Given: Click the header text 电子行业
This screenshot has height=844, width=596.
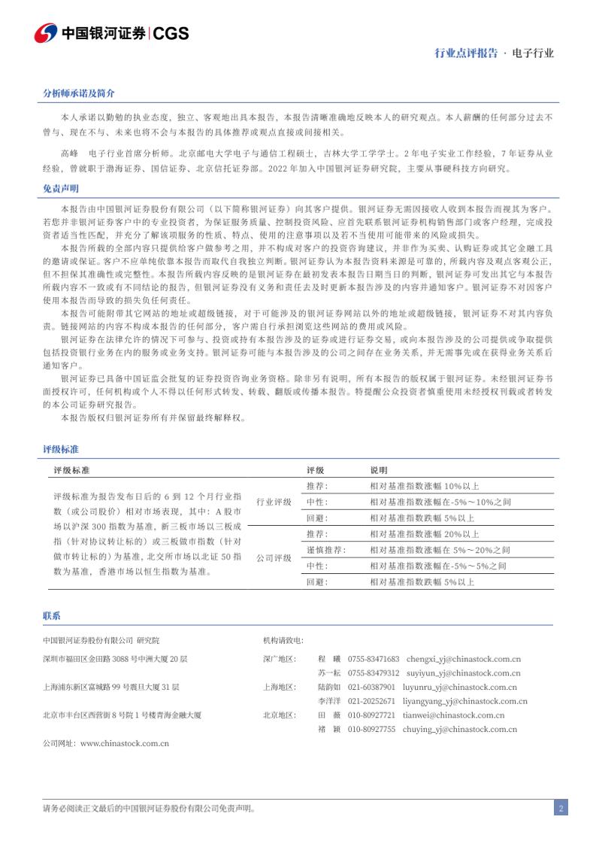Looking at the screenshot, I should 534,53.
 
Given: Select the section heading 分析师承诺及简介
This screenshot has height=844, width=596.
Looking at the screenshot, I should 79,93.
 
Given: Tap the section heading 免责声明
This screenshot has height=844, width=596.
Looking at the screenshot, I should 61,189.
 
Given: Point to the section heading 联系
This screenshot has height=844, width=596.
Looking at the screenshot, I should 52,616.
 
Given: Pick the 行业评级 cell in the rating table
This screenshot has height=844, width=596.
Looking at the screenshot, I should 274,502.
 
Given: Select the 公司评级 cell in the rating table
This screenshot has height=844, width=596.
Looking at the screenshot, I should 274,558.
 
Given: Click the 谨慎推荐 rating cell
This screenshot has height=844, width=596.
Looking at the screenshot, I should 326,550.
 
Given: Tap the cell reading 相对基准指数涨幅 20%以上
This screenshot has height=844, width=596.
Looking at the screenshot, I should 424,534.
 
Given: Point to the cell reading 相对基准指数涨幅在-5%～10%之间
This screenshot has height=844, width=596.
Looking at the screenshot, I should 440,502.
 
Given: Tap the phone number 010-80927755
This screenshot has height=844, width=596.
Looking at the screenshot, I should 371,730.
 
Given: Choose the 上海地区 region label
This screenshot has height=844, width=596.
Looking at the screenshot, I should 280,687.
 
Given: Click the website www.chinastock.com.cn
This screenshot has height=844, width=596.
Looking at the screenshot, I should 124,743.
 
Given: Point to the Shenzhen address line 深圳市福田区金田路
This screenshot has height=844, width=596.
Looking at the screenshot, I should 115,658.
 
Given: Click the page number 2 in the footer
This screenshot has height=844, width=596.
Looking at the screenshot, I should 561,809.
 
